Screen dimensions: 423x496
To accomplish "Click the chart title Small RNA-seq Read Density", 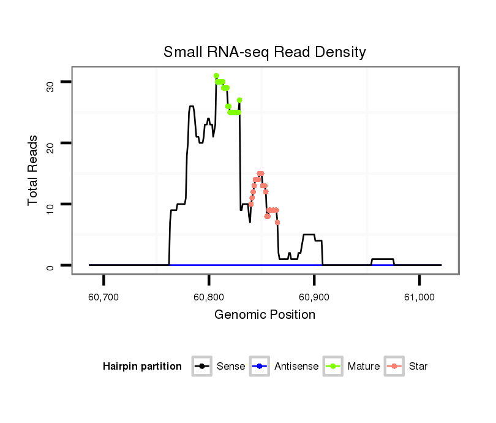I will [x=265, y=52].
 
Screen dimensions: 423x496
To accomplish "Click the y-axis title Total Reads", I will [x=33, y=170].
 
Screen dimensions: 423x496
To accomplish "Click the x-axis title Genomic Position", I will [x=265, y=315].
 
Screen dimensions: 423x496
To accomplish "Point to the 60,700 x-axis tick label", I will [x=103, y=297].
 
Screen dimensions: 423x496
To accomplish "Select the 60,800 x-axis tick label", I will [x=209, y=297].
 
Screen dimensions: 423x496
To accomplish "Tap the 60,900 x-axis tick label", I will [x=314, y=297].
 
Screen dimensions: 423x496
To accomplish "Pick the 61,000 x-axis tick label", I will [x=419, y=297].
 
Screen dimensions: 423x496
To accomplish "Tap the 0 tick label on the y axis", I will [x=50, y=265].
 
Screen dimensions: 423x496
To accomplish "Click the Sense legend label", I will [x=231, y=367].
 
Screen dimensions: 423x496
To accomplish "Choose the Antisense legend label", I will [x=296, y=367].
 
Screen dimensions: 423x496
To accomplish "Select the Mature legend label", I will [x=363, y=367].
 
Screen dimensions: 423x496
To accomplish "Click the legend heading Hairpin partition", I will [x=142, y=367].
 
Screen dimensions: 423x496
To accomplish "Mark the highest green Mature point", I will [x=216, y=75].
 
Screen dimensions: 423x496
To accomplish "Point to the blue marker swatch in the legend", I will [x=261, y=367].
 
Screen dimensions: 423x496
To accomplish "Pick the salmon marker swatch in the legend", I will [x=395, y=367].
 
